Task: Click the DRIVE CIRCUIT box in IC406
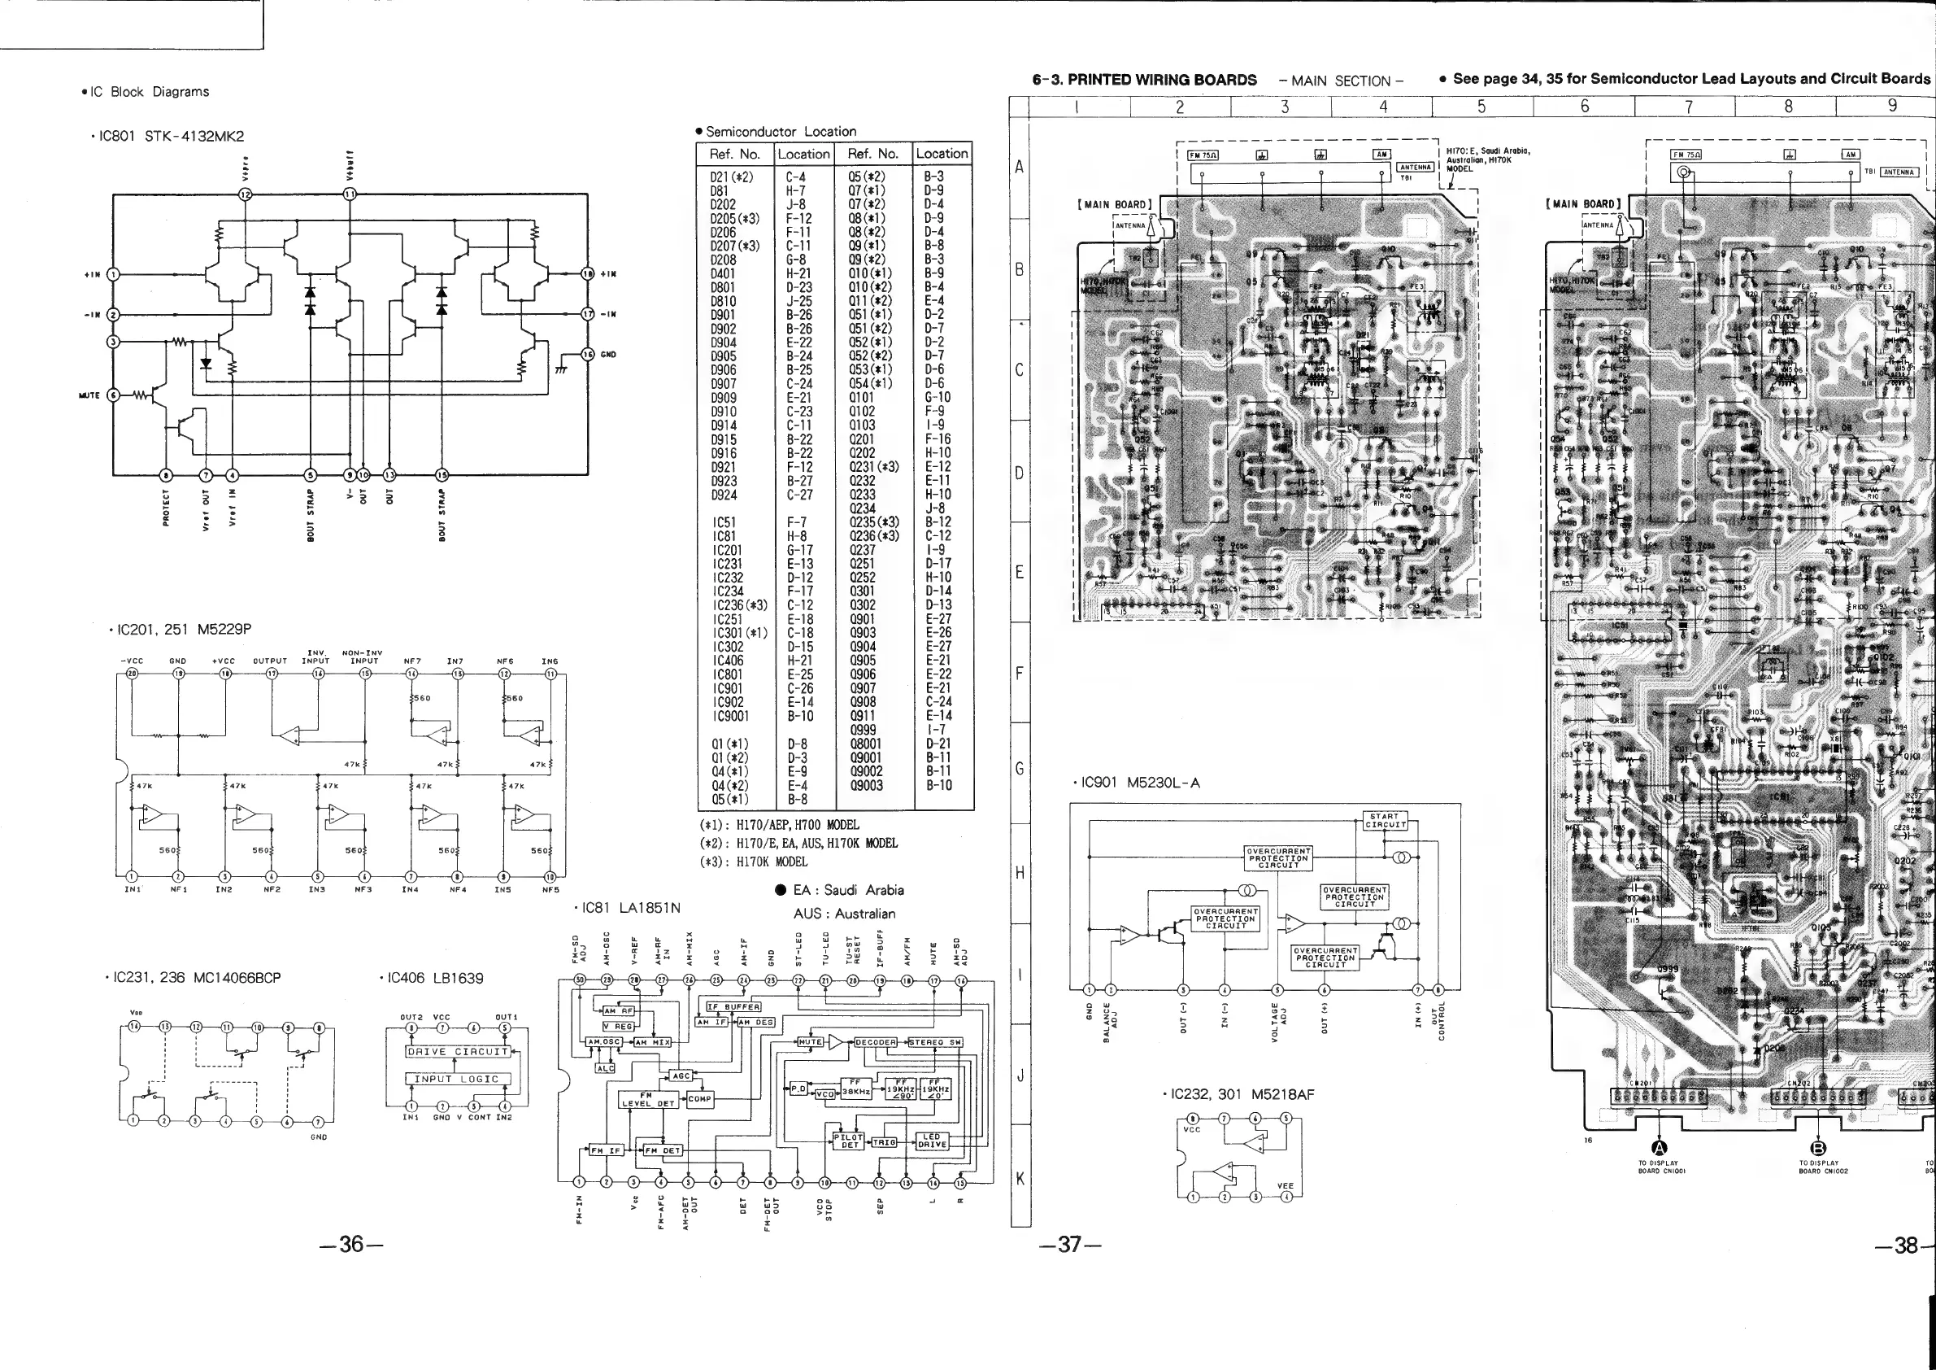coord(459,1051)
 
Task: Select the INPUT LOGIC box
coord(456,1078)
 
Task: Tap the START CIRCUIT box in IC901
coord(1384,821)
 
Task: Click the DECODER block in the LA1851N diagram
coord(875,1043)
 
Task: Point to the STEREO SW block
coord(934,1043)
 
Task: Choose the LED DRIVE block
coord(932,1141)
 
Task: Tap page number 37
coord(1069,1244)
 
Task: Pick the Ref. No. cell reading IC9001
coord(730,715)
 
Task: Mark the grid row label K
coord(1020,1179)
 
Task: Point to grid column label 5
coord(1481,107)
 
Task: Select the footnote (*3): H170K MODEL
coord(753,862)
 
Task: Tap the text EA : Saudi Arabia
coord(847,890)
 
